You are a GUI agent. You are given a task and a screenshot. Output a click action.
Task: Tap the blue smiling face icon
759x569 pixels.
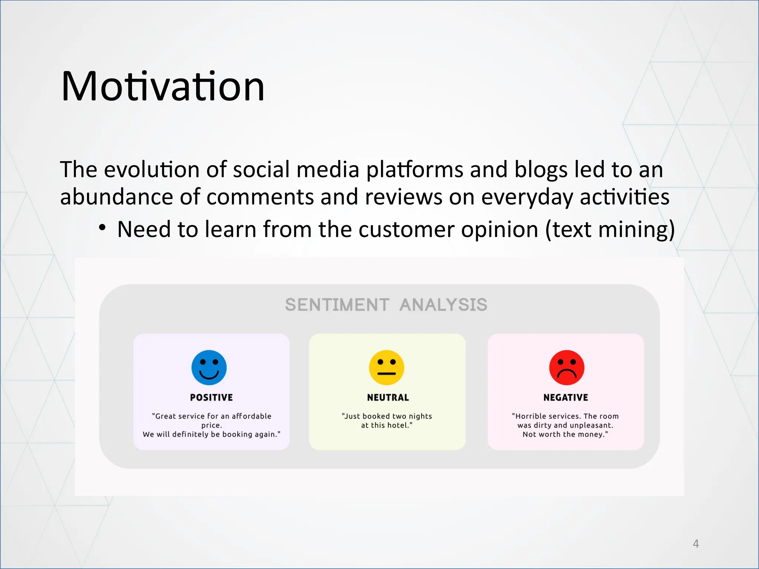point(209,367)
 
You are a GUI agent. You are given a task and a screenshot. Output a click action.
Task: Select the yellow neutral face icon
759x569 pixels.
point(387,367)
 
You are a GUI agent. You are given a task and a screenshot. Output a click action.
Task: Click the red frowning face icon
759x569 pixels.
point(567,367)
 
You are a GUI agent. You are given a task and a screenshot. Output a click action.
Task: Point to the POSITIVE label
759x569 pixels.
point(211,397)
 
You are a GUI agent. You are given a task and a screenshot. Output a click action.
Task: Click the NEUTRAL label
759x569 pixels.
point(388,397)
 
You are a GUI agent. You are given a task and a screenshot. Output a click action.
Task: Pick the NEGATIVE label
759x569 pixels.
point(566,397)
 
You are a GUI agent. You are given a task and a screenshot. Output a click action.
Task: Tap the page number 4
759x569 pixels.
point(696,544)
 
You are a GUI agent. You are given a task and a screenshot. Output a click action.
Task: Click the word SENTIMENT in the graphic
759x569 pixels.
point(337,305)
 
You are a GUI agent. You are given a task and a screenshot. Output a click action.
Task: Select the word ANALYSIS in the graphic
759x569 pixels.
point(443,305)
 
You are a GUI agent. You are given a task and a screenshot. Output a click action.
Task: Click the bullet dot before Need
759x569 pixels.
point(102,227)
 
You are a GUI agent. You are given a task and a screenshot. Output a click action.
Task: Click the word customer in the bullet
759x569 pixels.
point(406,230)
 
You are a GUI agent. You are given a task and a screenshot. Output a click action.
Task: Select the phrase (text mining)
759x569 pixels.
point(610,230)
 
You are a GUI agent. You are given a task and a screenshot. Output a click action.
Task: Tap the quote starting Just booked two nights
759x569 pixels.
point(387,420)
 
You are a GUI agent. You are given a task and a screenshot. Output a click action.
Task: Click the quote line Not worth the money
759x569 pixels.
point(565,434)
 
